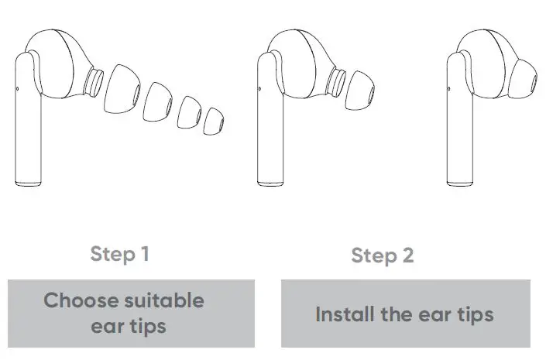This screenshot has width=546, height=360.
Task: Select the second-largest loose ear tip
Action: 160,99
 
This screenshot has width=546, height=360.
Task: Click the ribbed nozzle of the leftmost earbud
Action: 94,80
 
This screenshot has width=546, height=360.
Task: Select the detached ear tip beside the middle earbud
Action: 362,86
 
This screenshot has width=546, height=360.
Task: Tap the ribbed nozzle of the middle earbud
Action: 338,80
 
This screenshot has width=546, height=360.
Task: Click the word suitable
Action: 167,300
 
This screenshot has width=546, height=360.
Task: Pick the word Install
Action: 344,315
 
